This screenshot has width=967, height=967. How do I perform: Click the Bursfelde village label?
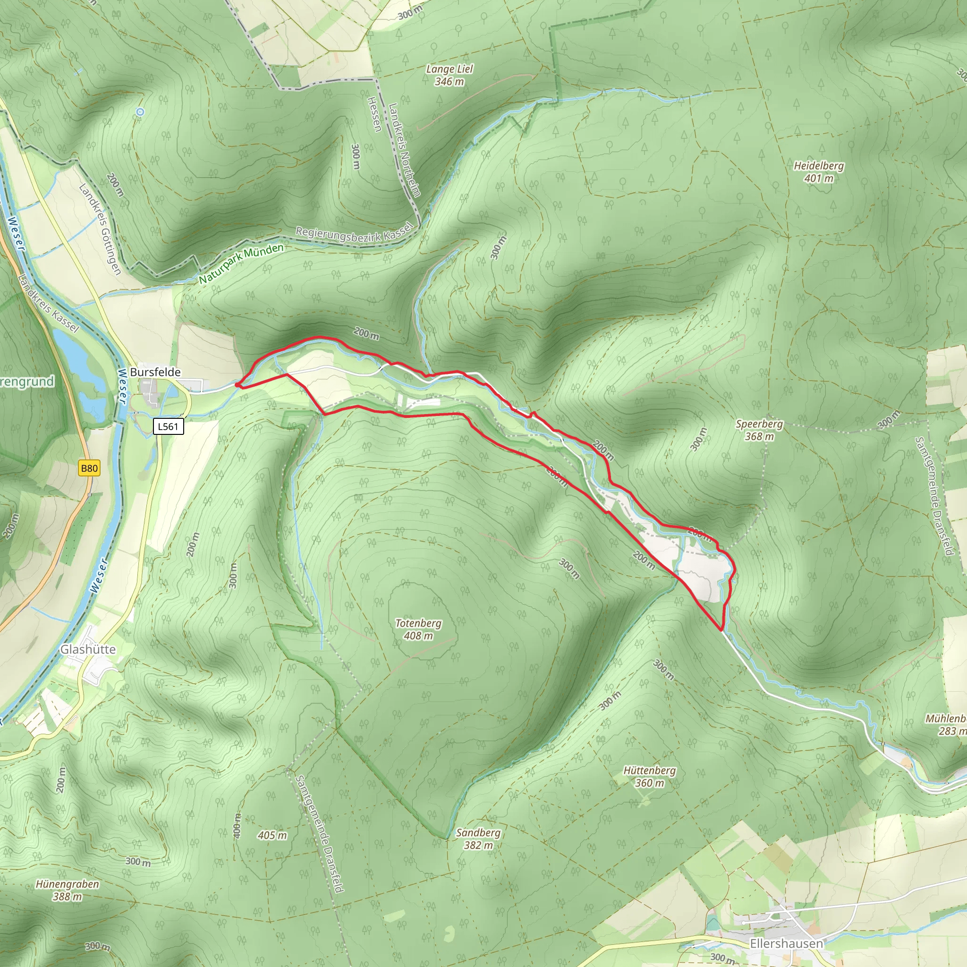155,372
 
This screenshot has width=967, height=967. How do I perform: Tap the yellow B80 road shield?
89,468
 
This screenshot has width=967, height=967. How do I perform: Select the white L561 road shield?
168,426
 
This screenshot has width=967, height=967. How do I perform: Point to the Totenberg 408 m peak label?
418,629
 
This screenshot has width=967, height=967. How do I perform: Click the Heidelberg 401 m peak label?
818,172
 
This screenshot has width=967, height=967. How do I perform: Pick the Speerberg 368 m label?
759,430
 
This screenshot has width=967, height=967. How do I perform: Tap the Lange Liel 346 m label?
449,75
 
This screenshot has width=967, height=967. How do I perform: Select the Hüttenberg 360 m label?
649,777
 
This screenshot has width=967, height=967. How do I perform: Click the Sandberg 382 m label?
478,839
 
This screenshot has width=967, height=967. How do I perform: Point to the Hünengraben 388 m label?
67,891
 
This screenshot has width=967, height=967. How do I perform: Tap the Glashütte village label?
88,649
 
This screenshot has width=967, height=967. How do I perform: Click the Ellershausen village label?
786,943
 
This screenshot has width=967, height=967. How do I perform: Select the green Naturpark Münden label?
241,263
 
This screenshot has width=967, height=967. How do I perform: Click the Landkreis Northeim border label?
405,150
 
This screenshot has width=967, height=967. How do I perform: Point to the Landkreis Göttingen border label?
100,229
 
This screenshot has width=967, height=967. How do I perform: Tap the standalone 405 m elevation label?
272,835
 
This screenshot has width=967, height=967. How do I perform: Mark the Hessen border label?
374,114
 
